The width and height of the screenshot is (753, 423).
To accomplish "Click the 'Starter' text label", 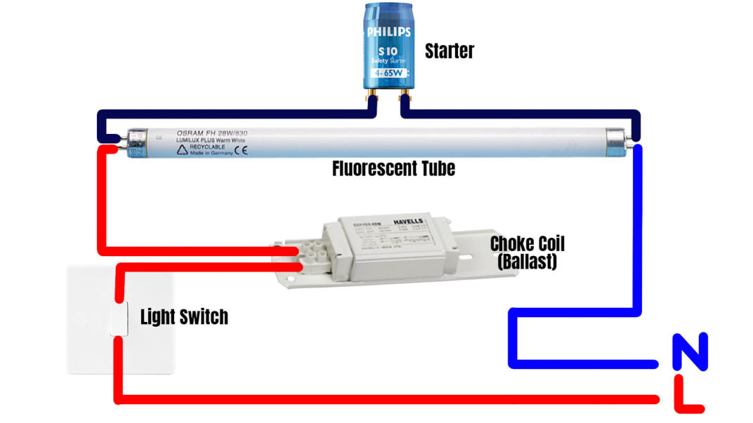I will tap(449, 51).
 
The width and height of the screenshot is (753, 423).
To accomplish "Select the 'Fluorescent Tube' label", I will tap(393, 168).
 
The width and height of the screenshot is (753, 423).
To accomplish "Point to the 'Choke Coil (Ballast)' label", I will tap(528, 253).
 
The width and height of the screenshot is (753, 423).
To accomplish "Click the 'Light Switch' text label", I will tap(184, 316).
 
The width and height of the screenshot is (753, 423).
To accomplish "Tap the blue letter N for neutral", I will tap(690, 352).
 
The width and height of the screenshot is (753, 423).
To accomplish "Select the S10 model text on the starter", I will tap(387, 52).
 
